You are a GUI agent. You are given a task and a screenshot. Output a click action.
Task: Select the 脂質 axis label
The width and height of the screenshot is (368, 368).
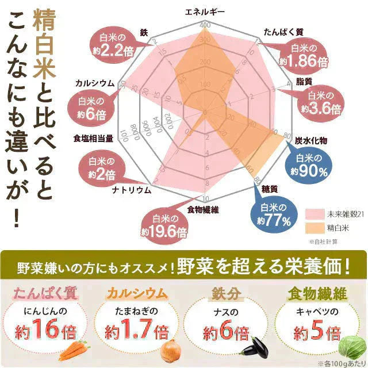[304, 79]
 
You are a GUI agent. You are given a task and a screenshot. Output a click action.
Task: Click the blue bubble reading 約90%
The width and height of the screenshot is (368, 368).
[310, 164]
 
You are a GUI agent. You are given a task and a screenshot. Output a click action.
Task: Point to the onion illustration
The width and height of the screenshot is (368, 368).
[170, 348]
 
